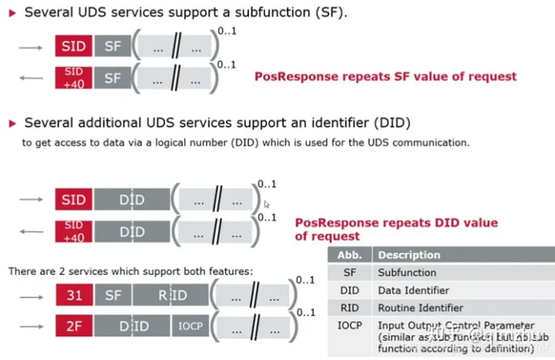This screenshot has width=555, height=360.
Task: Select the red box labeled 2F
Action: point(73,326)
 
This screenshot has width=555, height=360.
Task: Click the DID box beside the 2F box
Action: point(133,326)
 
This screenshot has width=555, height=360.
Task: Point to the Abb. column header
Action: point(349,255)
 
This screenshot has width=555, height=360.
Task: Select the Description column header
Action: point(409,255)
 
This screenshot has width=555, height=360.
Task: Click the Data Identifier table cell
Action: point(413,290)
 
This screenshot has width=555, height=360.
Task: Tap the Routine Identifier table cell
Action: point(420,308)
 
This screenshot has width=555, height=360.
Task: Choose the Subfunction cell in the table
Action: point(407,272)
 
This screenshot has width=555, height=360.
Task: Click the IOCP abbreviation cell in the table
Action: point(349,325)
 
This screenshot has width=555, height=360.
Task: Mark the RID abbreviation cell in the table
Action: point(349,308)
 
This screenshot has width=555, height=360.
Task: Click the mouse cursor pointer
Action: point(267,204)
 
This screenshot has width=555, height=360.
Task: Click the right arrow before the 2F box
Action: point(31,326)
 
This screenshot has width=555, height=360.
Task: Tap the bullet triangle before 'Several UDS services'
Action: point(10,12)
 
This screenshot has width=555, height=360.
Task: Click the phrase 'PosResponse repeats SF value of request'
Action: point(385,76)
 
